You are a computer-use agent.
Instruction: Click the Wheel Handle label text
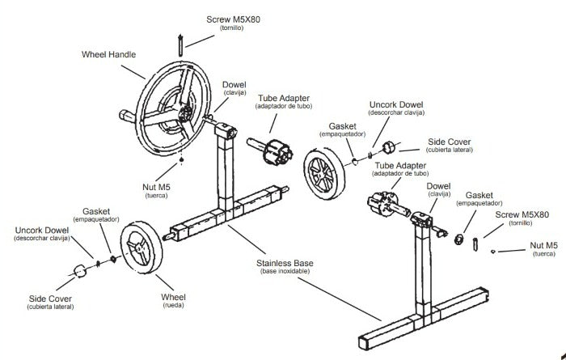(x=108, y=55)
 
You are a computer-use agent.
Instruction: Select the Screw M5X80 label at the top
(x=234, y=19)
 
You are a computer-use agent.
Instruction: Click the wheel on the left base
(x=142, y=252)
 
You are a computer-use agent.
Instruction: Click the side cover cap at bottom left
(x=82, y=270)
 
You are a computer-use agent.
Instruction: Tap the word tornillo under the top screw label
(x=234, y=28)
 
